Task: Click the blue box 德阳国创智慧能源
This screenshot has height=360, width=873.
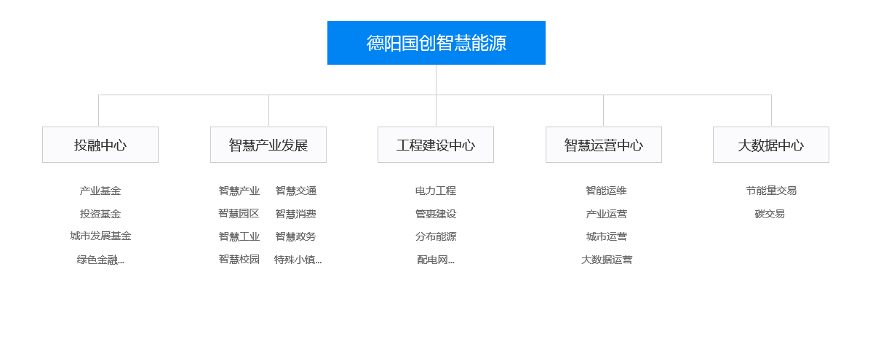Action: [x=436, y=43]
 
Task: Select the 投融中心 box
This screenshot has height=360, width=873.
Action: [x=100, y=145]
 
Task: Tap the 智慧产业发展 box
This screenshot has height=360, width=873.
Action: [x=268, y=145]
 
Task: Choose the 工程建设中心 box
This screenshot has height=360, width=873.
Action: [x=435, y=145]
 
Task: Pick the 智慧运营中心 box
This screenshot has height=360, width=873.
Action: [x=604, y=145]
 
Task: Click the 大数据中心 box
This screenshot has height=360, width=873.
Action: [x=771, y=145]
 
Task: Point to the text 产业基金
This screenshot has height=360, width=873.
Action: [x=100, y=191]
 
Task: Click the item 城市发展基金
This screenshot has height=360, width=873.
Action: [x=100, y=236]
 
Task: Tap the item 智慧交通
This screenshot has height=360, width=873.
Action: [x=296, y=191]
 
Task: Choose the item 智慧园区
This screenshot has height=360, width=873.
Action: [x=239, y=214]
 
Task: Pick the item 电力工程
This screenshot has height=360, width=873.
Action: [x=436, y=191]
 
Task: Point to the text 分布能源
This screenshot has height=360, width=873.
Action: [x=436, y=236]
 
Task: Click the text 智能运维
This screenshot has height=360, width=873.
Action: [x=606, y=191]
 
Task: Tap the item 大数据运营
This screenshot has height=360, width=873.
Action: [x=607, y=260]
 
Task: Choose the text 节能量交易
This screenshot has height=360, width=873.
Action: [x=771, y=191]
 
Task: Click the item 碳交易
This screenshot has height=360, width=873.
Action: [x=770, y=214]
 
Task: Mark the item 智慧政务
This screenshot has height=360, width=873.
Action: [x=296, y=236]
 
